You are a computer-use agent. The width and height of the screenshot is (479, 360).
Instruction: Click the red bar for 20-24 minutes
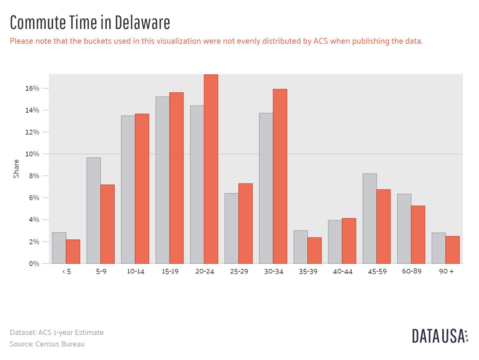coord(211,169)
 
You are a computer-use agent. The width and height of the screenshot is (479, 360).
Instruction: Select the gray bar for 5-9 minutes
coord(94,211)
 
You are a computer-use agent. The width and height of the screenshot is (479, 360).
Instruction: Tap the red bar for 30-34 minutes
coord(280,176)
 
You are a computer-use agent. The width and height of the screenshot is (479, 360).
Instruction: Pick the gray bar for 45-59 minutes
coord(370,219)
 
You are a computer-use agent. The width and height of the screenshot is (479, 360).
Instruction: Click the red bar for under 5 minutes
coord(73,252)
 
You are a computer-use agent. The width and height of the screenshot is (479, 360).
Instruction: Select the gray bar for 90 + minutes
coord(438,248)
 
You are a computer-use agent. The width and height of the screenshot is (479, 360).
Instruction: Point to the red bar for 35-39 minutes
coord(314,251)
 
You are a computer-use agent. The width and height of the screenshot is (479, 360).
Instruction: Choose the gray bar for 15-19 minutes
coord(163,180)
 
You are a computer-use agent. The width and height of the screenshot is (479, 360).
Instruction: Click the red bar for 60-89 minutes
coord(418,235)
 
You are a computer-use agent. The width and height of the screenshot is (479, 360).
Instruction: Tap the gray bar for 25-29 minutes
coord(231,228)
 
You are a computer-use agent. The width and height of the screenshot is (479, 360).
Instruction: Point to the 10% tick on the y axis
coord(32,154)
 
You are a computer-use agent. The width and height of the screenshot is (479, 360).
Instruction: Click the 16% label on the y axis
coord(32,88)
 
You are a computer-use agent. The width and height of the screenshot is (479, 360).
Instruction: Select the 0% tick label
coord(34,264)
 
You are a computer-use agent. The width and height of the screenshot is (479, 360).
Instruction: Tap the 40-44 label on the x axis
coord(343,272)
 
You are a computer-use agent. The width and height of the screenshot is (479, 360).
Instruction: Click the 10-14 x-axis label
coord(135,272)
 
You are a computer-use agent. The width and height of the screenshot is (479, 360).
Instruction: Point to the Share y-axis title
coord(16,169)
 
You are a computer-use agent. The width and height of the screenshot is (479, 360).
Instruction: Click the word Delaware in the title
coord(142,23)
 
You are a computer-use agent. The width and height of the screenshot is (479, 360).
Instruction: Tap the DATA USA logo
coord(440,336)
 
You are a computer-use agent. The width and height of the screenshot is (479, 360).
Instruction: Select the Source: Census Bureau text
coord(47,344)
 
